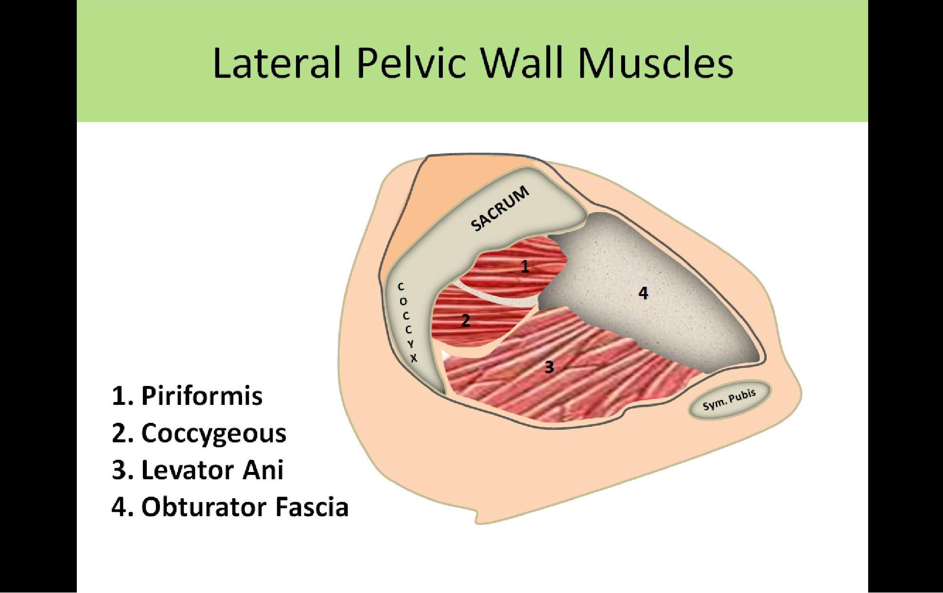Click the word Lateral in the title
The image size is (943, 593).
click(277, 63)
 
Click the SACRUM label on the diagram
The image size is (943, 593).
click(500, 209)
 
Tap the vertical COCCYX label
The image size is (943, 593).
click(407, 323)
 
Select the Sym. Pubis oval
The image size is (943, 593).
click(729, 400)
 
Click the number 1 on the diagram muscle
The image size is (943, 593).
click(524, 266)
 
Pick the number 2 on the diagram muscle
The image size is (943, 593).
click(466, 320)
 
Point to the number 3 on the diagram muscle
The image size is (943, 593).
click(549, 366)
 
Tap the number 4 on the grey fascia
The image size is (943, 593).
click(643, 293)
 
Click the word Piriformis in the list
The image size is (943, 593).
click(202, 396)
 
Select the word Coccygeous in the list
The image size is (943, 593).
click(214, 434)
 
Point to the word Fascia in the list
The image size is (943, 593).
click(312, 507)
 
